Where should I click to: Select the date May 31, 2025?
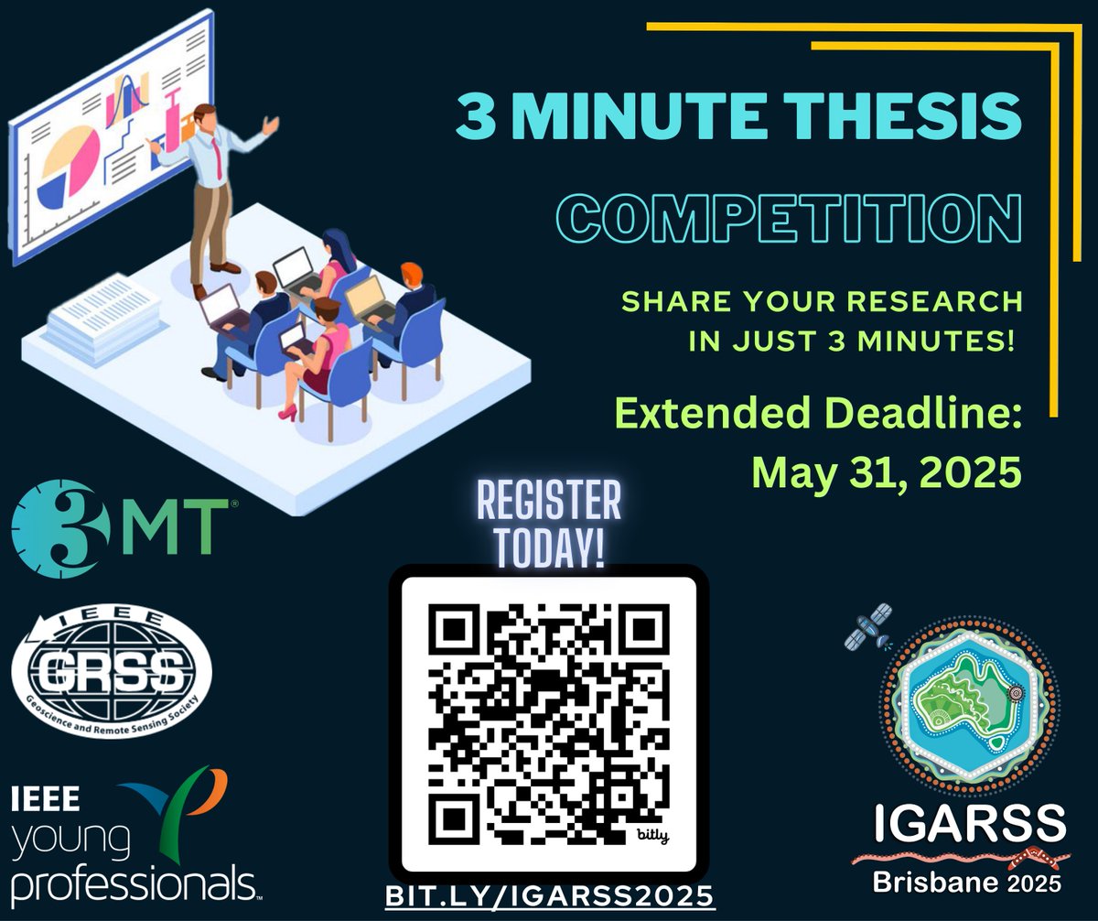[885, 473]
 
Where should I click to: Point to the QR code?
[547, 721]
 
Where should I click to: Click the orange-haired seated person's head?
[412, 274]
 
